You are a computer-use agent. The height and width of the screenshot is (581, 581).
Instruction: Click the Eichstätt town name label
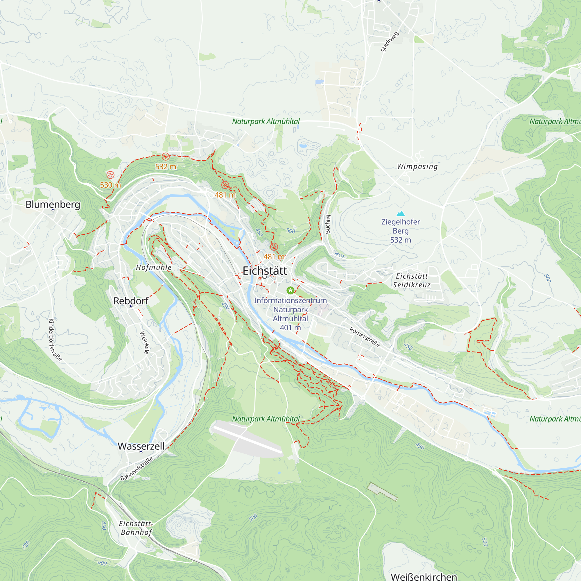tap(265, 271)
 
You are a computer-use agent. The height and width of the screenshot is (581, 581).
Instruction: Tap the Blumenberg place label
tap(53, 204)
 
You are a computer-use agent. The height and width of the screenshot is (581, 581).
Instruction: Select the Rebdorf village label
tap(131, 301)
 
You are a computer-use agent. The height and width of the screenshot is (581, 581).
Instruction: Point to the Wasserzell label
tap(141, 446)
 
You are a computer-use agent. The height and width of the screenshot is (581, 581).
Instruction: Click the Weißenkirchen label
tap(424, 576)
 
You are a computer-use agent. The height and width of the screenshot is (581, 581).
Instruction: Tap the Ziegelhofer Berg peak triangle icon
tap(401, 214)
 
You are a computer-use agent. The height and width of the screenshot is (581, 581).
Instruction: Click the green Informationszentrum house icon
tap(290, 290)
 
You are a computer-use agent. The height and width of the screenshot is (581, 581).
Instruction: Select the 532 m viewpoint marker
tap(166, 157)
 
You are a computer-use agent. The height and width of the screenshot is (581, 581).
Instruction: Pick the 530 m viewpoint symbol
tap(110, 175)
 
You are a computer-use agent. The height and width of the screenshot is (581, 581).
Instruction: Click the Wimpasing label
tap(417, 166)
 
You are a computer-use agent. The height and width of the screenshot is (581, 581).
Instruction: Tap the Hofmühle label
tap(154, 267)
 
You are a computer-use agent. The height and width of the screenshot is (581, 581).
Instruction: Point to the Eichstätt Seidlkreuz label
tap(412, 280)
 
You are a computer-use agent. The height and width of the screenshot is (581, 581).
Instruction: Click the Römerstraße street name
tap(365, 337)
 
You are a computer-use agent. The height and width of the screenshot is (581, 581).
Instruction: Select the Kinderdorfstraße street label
tap(55, 340)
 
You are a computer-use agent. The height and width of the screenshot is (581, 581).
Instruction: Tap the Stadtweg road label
tap(390, 42)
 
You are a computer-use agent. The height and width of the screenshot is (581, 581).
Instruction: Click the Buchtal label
tap(328, 224)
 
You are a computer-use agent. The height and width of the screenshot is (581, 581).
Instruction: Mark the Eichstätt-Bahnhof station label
tap(136, 528)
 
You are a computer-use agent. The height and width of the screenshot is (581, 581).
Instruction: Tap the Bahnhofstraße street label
tap(137, 469)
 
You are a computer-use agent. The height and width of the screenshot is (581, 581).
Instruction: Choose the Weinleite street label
tap(144, 342)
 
